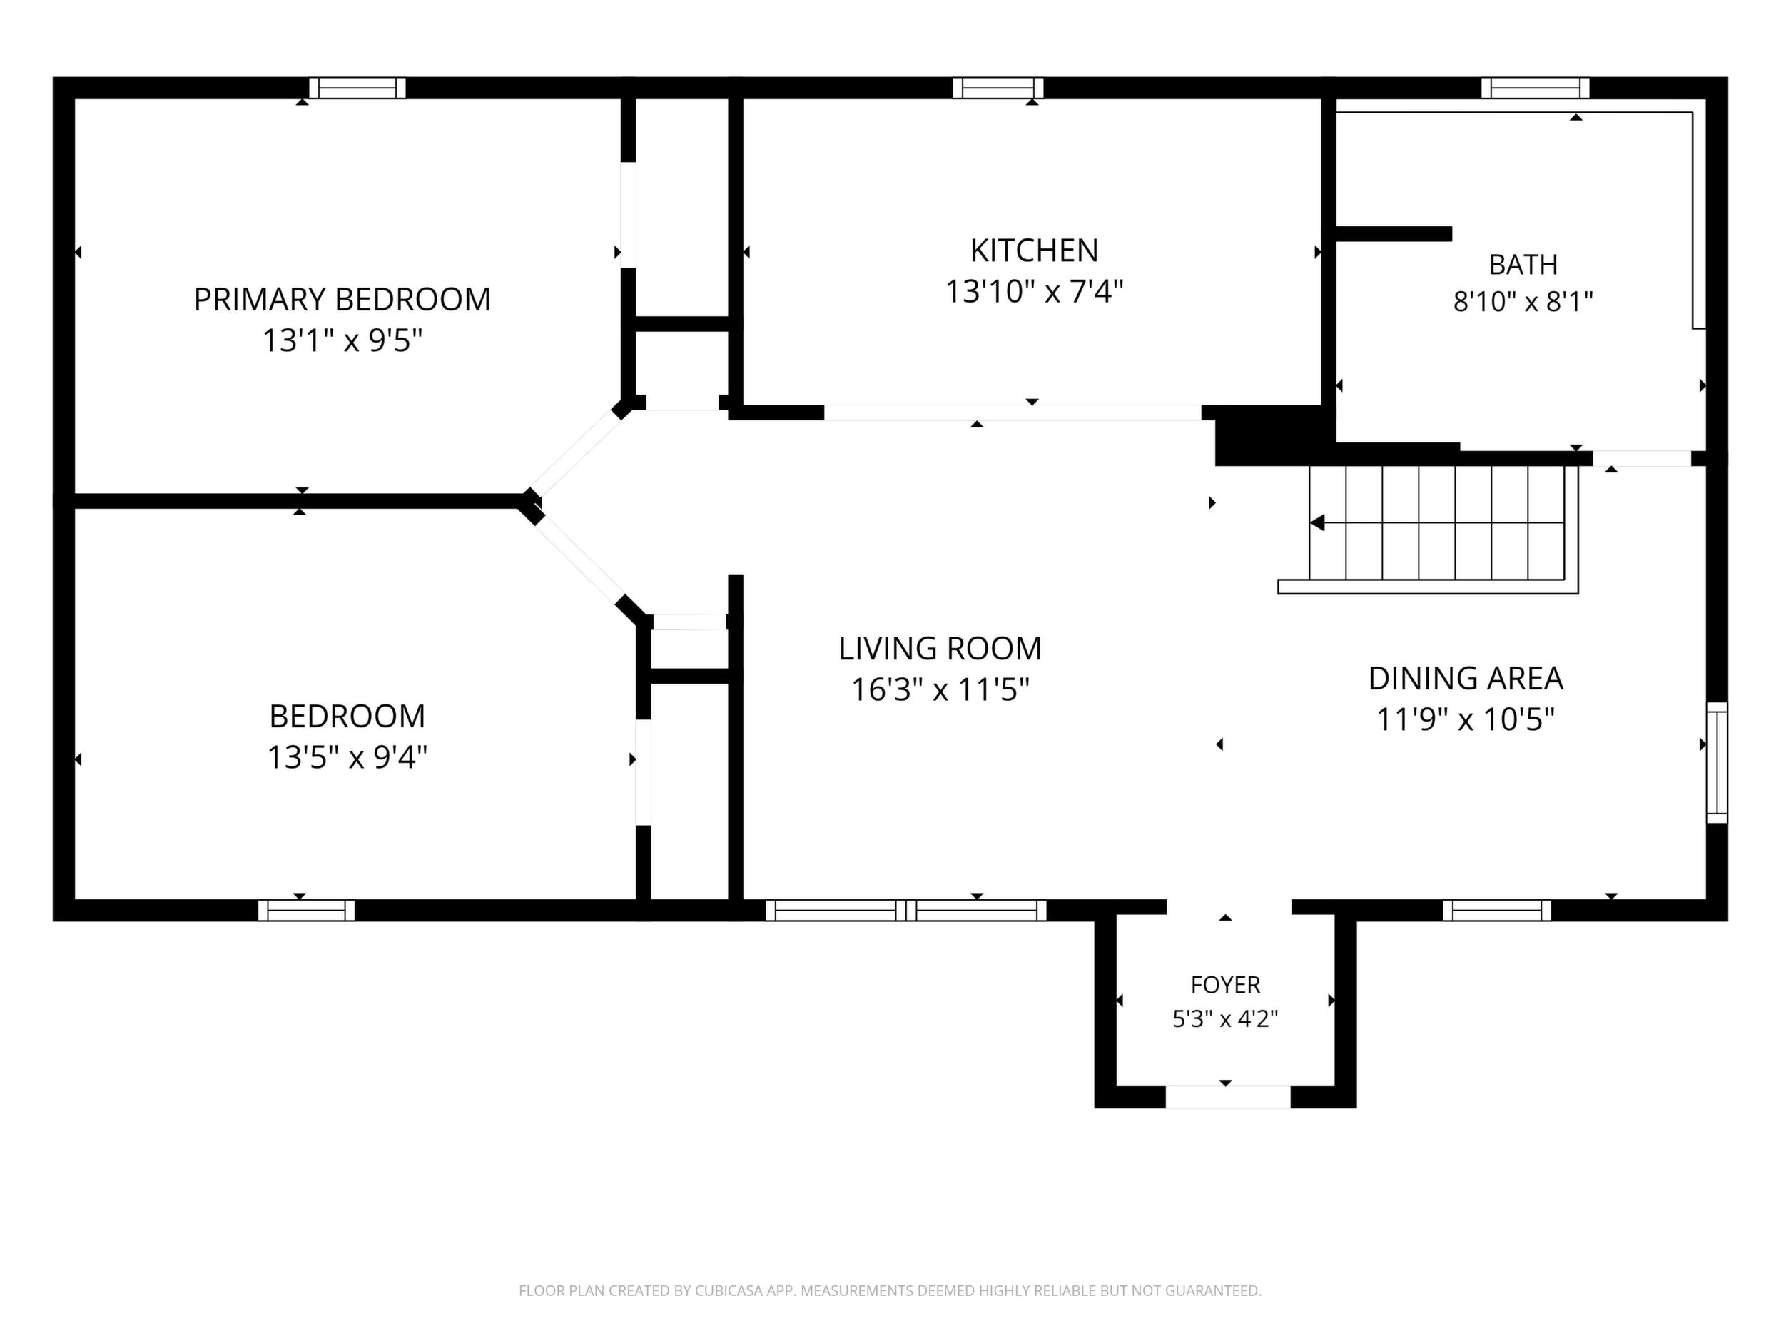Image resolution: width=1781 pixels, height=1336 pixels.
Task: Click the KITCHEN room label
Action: click(x=1034, y=250)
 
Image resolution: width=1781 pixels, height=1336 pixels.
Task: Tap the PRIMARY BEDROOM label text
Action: click(x=342, y=300)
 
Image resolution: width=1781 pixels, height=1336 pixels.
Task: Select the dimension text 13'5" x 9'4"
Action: click(x=347, y=757)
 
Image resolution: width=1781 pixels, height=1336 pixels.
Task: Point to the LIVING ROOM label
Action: click(x=940, y=648)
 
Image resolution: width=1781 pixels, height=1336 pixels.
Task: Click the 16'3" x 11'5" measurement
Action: click(x=940, y=689)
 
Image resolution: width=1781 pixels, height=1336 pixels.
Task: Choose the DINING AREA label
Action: click(x=1466, y=678)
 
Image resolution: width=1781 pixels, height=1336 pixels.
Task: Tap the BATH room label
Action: click(x=1523, y=264)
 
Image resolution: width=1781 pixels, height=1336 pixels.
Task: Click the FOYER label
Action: click(x=1225, y=984)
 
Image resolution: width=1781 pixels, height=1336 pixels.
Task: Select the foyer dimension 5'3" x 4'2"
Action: click(x=1225, y=1018)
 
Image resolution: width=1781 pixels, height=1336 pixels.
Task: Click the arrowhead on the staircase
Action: click(x=1317, y=522)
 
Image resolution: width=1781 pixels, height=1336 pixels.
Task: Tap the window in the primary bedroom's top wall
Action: click(x=357, y=88)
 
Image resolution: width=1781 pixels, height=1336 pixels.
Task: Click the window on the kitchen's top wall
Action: click(x=998, y=88)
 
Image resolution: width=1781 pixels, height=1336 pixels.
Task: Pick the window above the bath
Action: click(x=1536, y=88)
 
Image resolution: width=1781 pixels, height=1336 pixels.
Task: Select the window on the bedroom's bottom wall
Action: click(x=307, y=910)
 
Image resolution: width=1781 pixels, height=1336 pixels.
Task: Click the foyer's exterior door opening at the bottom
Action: click(x=1228, y=1096)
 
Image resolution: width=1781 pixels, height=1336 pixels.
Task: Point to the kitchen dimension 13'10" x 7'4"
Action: click(x=1034, y=291)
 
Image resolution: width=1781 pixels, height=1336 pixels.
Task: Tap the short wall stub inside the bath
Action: click(x=1394, y=233)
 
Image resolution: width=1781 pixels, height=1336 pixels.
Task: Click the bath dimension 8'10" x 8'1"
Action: click(x=1523, y=302)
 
